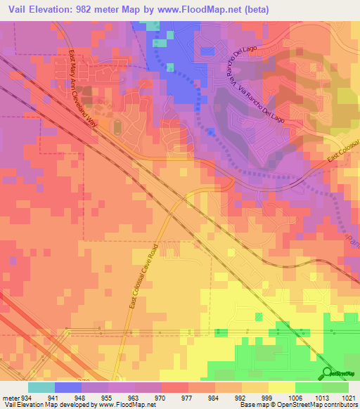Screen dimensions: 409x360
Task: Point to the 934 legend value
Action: point(27,396)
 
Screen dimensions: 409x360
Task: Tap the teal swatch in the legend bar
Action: point(41,387)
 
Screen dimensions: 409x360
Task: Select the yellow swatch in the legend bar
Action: point(282,387)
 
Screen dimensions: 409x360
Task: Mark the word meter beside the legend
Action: point(11,396)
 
